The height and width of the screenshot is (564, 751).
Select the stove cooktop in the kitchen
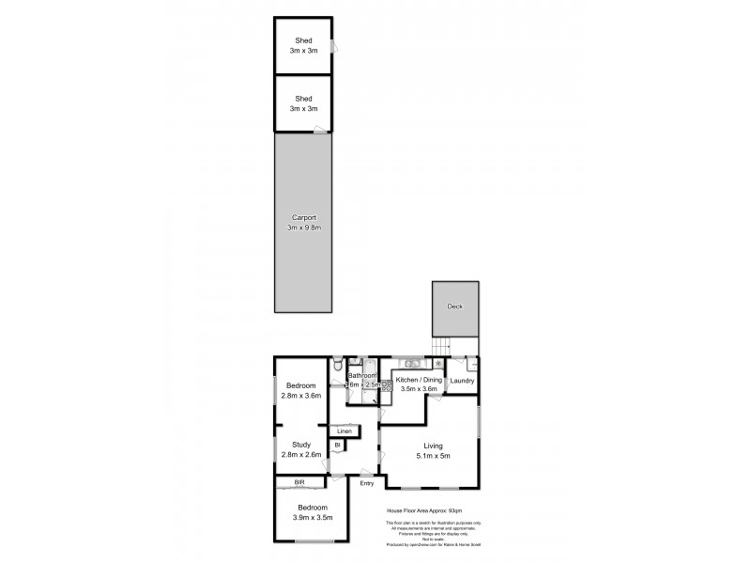pos(386,385)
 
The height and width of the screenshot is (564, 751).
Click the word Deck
pos(455,306)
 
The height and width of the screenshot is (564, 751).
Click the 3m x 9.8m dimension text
pos(302,227)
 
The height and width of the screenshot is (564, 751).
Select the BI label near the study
pos(337,445)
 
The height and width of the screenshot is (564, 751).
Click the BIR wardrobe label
pos(299,482)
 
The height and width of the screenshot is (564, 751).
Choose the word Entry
pos(366,484)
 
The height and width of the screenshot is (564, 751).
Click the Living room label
pos(432,446)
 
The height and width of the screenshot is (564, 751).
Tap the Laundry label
pos(462,381)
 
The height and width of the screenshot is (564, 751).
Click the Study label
pos(301,445)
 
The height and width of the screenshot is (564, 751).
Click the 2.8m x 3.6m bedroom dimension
pos(301,396)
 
